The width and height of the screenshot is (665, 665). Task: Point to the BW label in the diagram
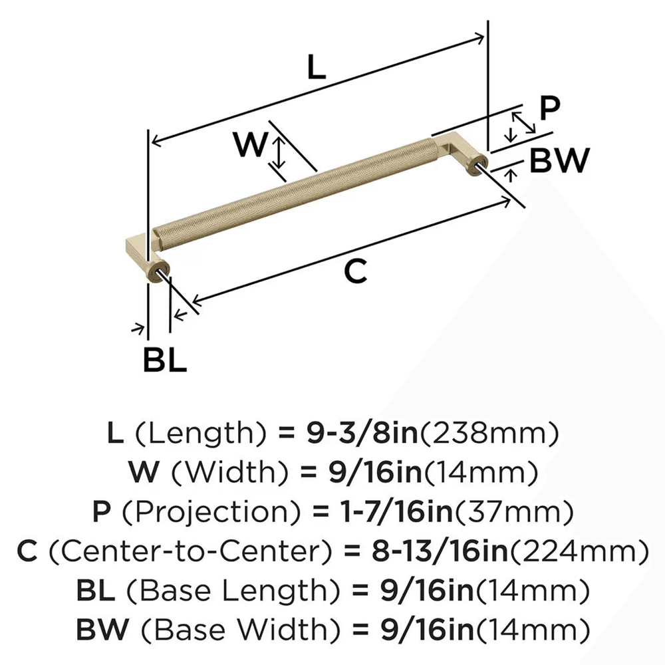pyautogui.click(x=559, y=161)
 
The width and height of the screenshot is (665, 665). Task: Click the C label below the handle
pyautogui.click(x=356, y=272)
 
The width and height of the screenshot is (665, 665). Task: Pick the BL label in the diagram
pyautogui.click(x=164, y=360)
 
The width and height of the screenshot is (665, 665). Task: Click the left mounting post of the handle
pyautogui.click(x=159, y=271)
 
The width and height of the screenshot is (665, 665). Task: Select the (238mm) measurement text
pyautogui.click(x=487, y=434)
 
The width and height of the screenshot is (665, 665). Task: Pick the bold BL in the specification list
pyautogui.click(x=93, y=590)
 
